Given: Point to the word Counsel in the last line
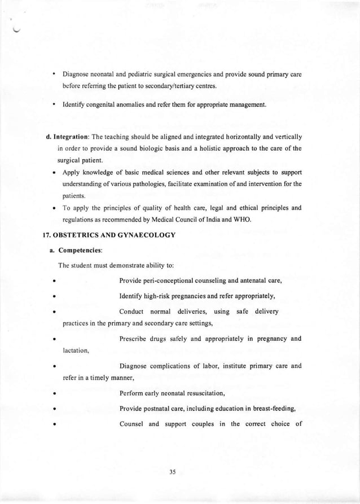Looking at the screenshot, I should (x=132, y=424).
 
